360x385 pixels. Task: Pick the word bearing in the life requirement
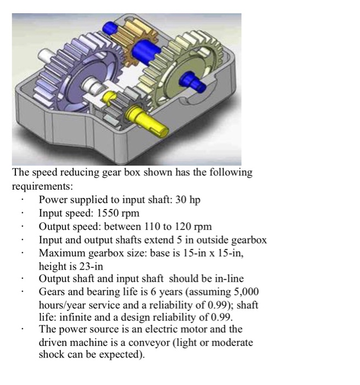pos(101,292)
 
